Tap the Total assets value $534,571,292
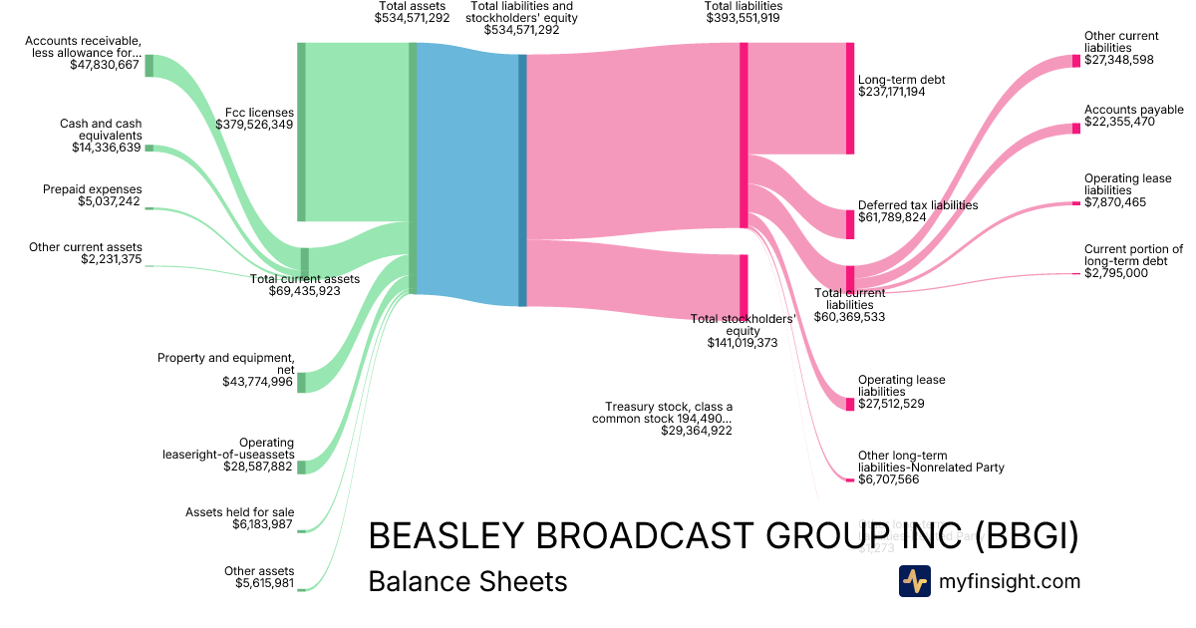[412, 18]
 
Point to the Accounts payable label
[1134, 110]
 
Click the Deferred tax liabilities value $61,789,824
[892, 217]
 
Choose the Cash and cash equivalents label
[101, 130]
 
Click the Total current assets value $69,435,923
[305, 292]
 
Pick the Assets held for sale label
[239, 511]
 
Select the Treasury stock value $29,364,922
[697, 431]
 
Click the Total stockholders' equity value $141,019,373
[743, 343]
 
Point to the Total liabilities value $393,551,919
[743, 18]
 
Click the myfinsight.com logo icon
[914, 581]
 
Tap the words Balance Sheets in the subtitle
[467, 581]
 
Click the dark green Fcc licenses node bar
[301, 132]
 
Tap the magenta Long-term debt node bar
[850, 98]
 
